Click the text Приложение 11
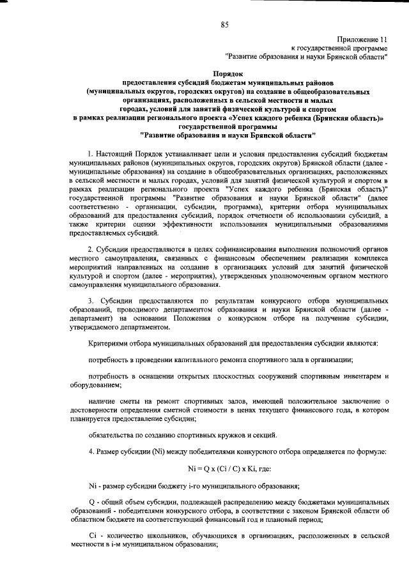coord(360,39)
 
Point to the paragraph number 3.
coord(90,300)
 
